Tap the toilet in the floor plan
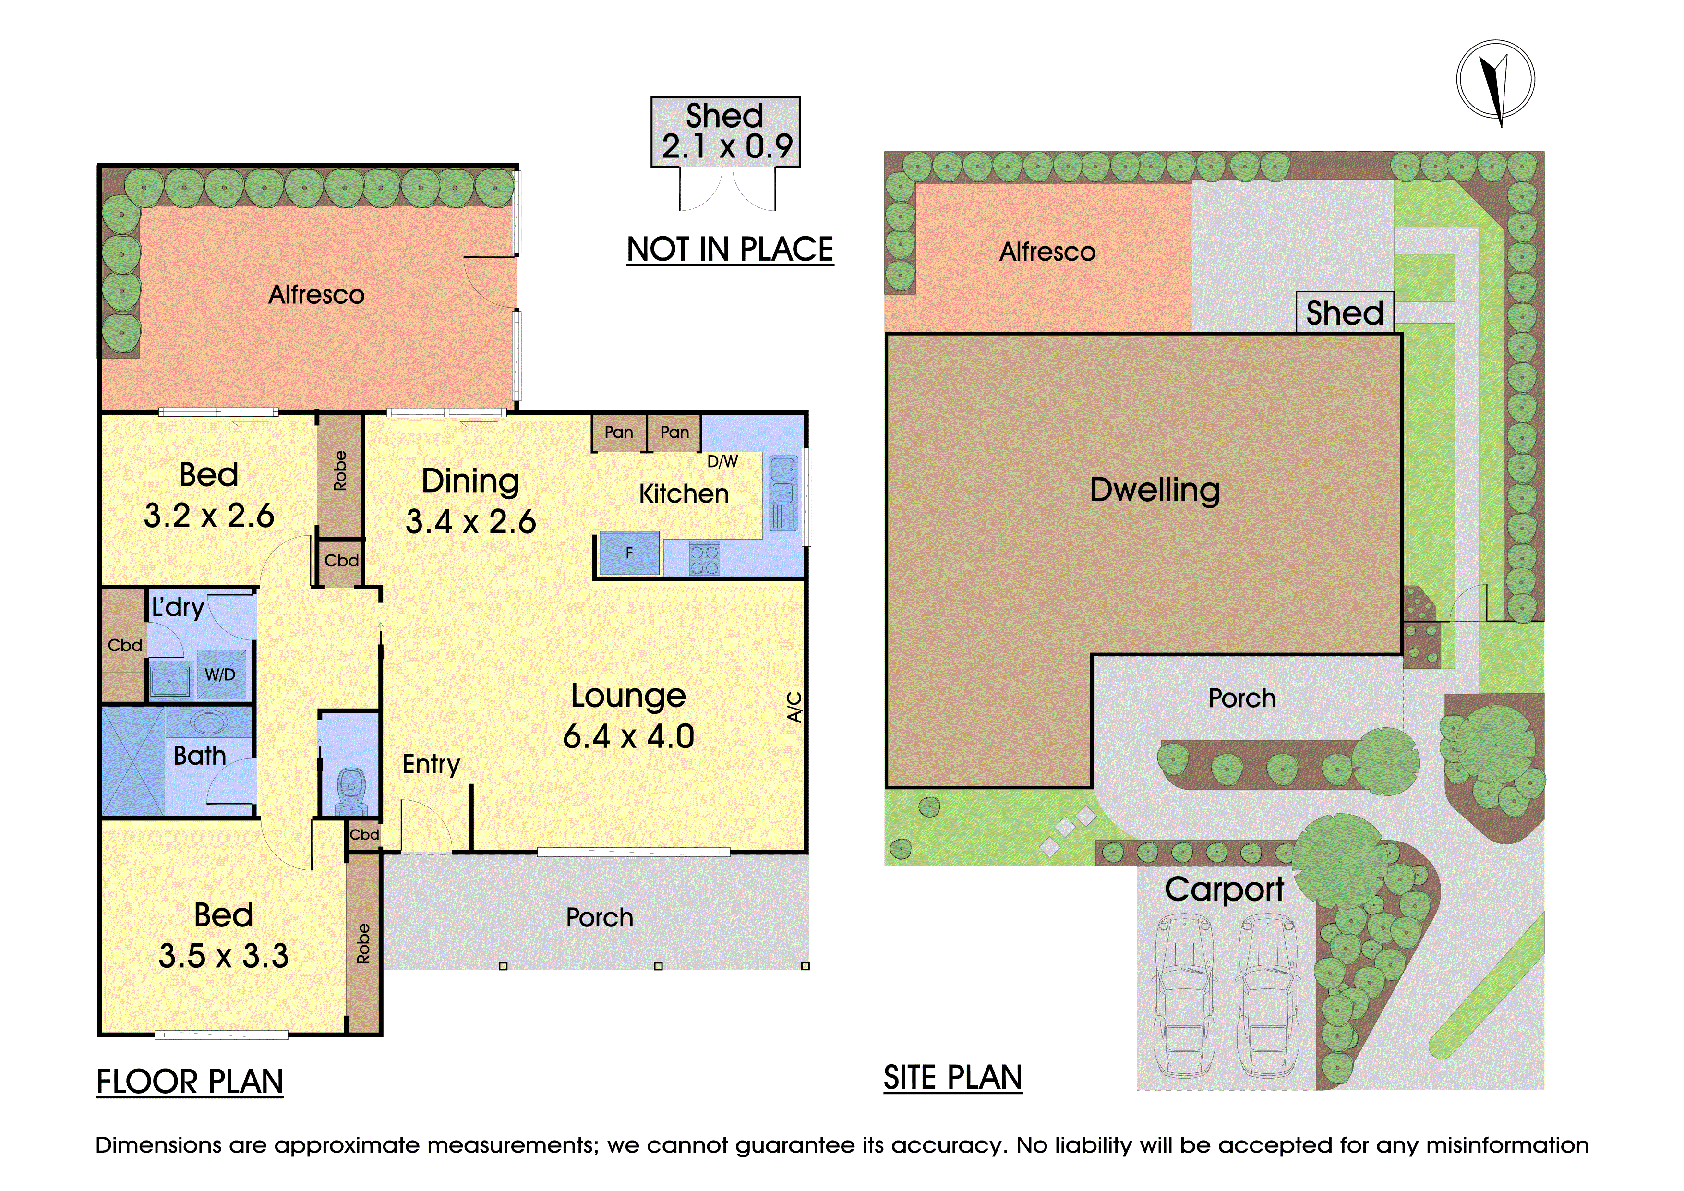click(x=351, y=792)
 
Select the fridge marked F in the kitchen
click(x=629, y=553)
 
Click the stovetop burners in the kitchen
click(x=704, y=559)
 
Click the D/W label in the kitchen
click(x=722, y=461)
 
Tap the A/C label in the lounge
click(x=794, y=707)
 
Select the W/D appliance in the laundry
click(x=220, y=674)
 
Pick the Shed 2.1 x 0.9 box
click(x=725, y=132)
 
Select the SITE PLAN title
click(x=953, y=1077)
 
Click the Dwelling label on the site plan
click(x=1155, y=490)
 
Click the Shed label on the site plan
click(x=1345, y=313)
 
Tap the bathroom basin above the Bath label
click(x=209, y=722)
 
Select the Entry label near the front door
click(x=431, y=765)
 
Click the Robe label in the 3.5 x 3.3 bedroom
click(x=363, y=943)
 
